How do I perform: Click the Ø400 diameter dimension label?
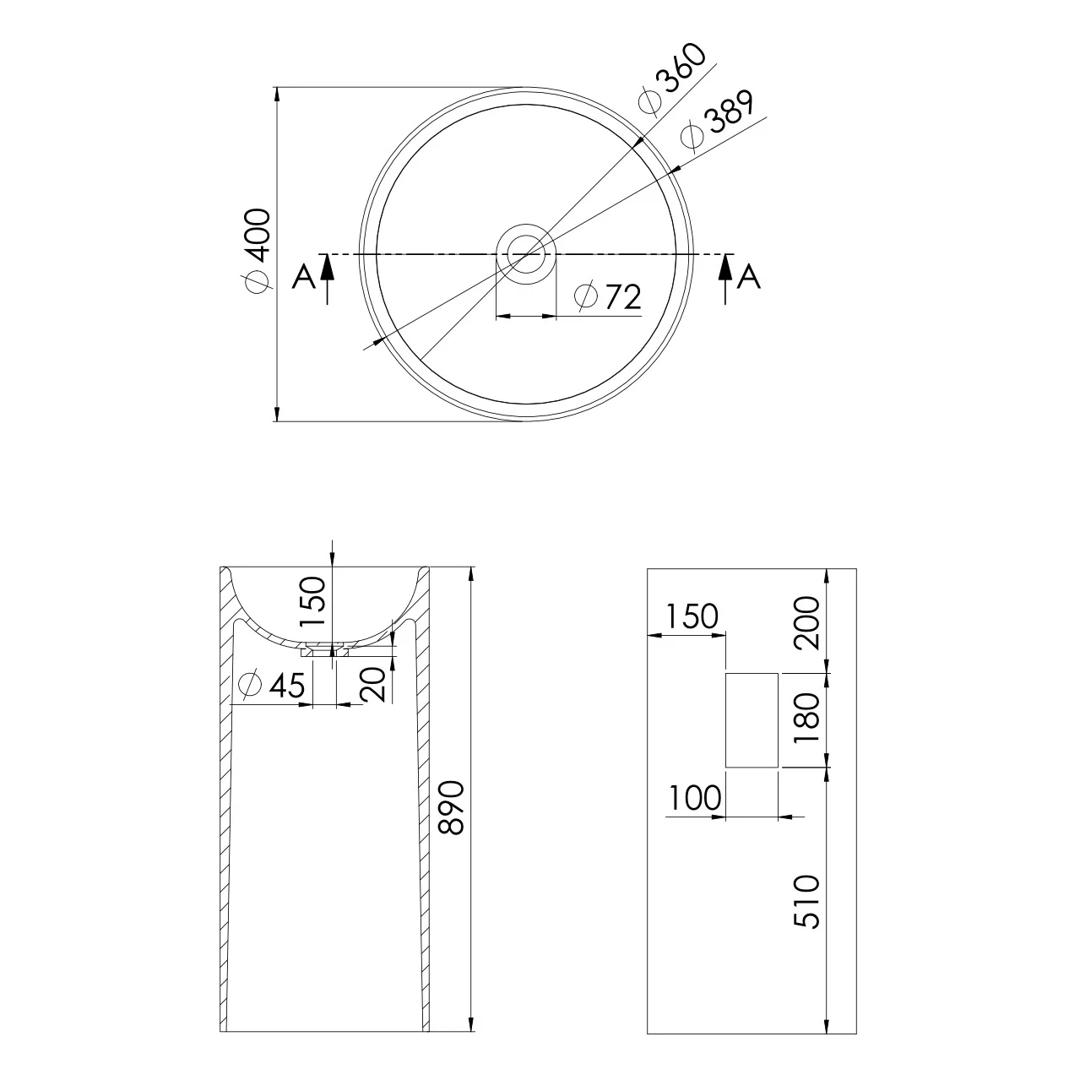pyautogui.click(x=258, y=251)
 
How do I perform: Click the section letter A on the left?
pyautogui.click(x=304, y=277)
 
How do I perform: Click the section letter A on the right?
pyautogui.click(x=749, y=277)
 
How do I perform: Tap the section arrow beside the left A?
pyautogui.click(x=328, y=279)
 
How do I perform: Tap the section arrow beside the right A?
pyautogui.click(x=726, y=279)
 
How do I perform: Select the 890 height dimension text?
pyautogui.click(x=451, y=807)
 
